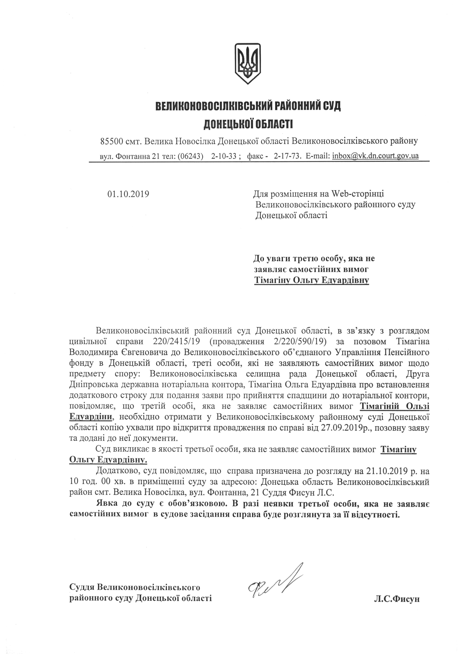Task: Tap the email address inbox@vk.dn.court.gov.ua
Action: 375,156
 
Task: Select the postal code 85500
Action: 112,141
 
